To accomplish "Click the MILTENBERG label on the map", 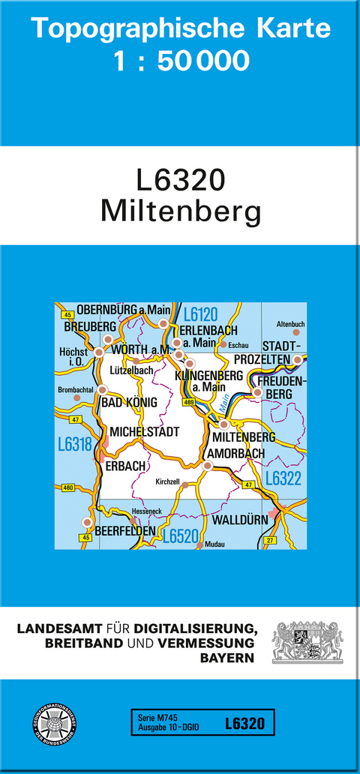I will [x=244, y=437].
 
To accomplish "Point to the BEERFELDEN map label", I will [x=125, y=531].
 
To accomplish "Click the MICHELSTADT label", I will [x=145, y=432].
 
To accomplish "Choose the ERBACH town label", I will [x=125, y=466].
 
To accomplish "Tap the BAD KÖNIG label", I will [x=129, y=403].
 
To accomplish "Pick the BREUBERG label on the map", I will [x=90, y=327].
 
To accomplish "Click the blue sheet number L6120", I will [x=199, y=313].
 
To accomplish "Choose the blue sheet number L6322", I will [x=283, y=478].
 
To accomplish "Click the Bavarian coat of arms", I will [x=307, y=642].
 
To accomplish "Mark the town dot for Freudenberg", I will [x=257, y=392].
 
